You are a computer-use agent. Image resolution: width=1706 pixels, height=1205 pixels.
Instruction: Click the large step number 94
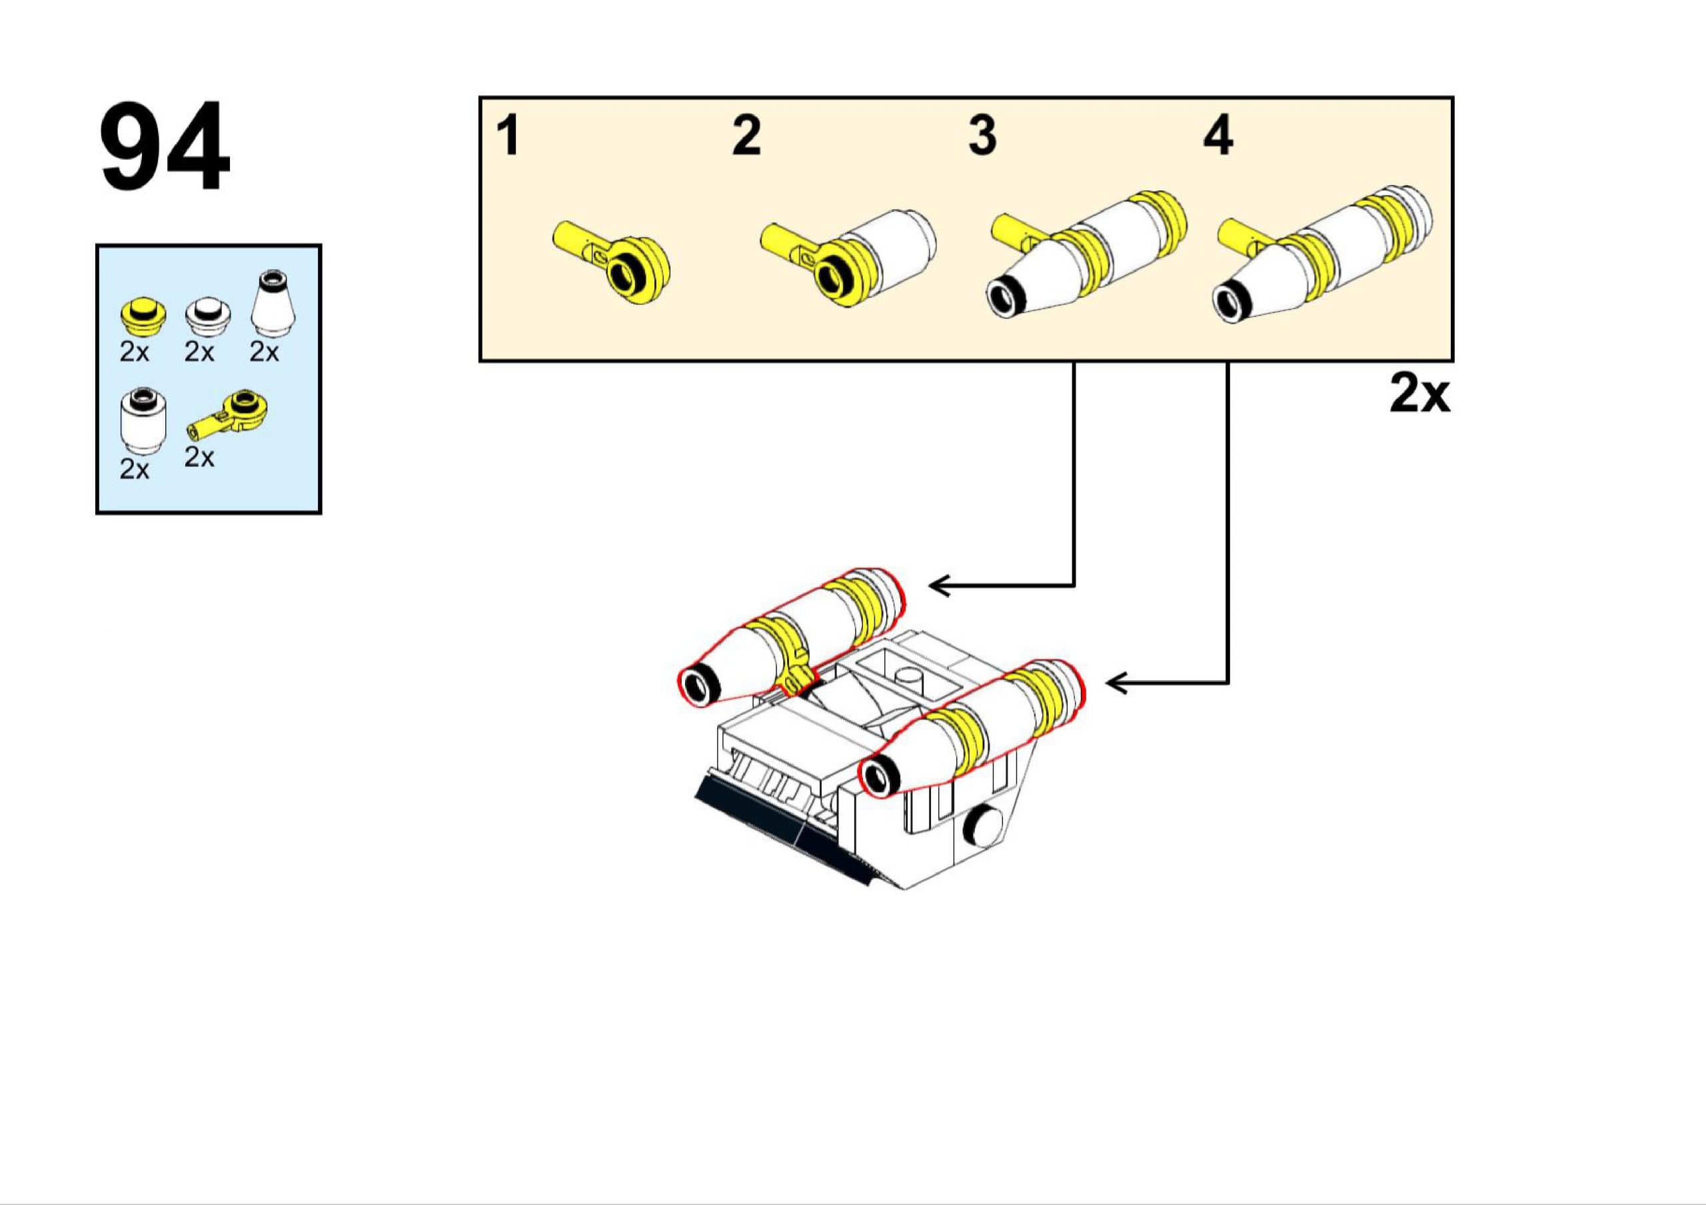point(165,147)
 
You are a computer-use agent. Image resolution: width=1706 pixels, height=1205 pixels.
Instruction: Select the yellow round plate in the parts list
point(143,316)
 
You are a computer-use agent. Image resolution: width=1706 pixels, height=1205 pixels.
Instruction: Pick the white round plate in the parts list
point(207,318)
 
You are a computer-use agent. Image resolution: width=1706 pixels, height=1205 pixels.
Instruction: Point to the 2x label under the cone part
point(264,352)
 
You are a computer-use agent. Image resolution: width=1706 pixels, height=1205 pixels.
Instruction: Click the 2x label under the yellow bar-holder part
point(199,458)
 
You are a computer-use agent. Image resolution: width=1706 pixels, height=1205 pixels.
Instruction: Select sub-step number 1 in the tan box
point(508,136)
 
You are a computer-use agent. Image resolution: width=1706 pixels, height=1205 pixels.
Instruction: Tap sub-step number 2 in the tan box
point(746,136)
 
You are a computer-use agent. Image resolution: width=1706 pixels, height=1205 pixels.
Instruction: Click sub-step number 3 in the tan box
point(982,136)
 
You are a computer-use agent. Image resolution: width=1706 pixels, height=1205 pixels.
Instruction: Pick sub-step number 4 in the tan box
point(1218,136)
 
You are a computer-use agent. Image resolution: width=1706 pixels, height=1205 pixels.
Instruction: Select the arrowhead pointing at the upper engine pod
point(938,586)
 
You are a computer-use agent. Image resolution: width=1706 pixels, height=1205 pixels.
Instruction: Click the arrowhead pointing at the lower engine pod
point(1114,683)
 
